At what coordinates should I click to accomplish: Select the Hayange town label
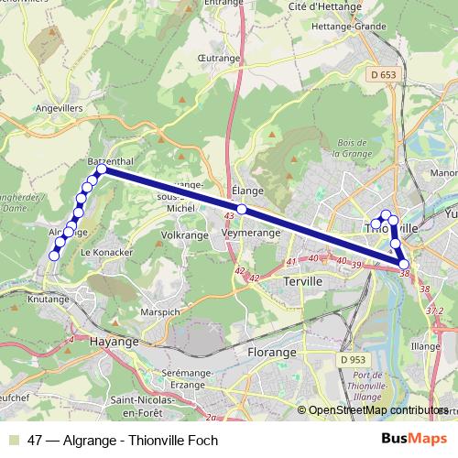114,341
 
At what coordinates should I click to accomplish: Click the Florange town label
272,352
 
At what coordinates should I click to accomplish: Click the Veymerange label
250,234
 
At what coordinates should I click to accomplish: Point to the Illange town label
426,347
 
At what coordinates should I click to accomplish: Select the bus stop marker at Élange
242,210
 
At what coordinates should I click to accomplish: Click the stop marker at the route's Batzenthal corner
101,169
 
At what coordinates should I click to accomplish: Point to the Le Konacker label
107,251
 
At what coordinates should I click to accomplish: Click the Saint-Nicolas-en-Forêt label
153,400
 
